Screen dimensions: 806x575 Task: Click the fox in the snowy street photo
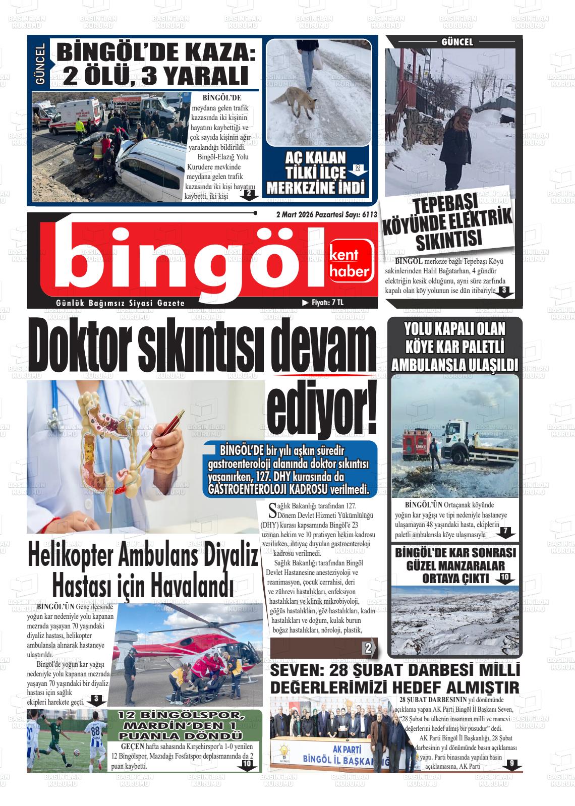click(301, 104)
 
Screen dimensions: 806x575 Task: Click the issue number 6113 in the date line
click(369, 214)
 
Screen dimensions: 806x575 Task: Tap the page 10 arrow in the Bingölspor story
click(247, 765)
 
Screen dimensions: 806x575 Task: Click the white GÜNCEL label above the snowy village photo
click(457, 42)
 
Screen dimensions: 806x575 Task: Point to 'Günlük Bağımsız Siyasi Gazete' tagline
click(121, 303)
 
